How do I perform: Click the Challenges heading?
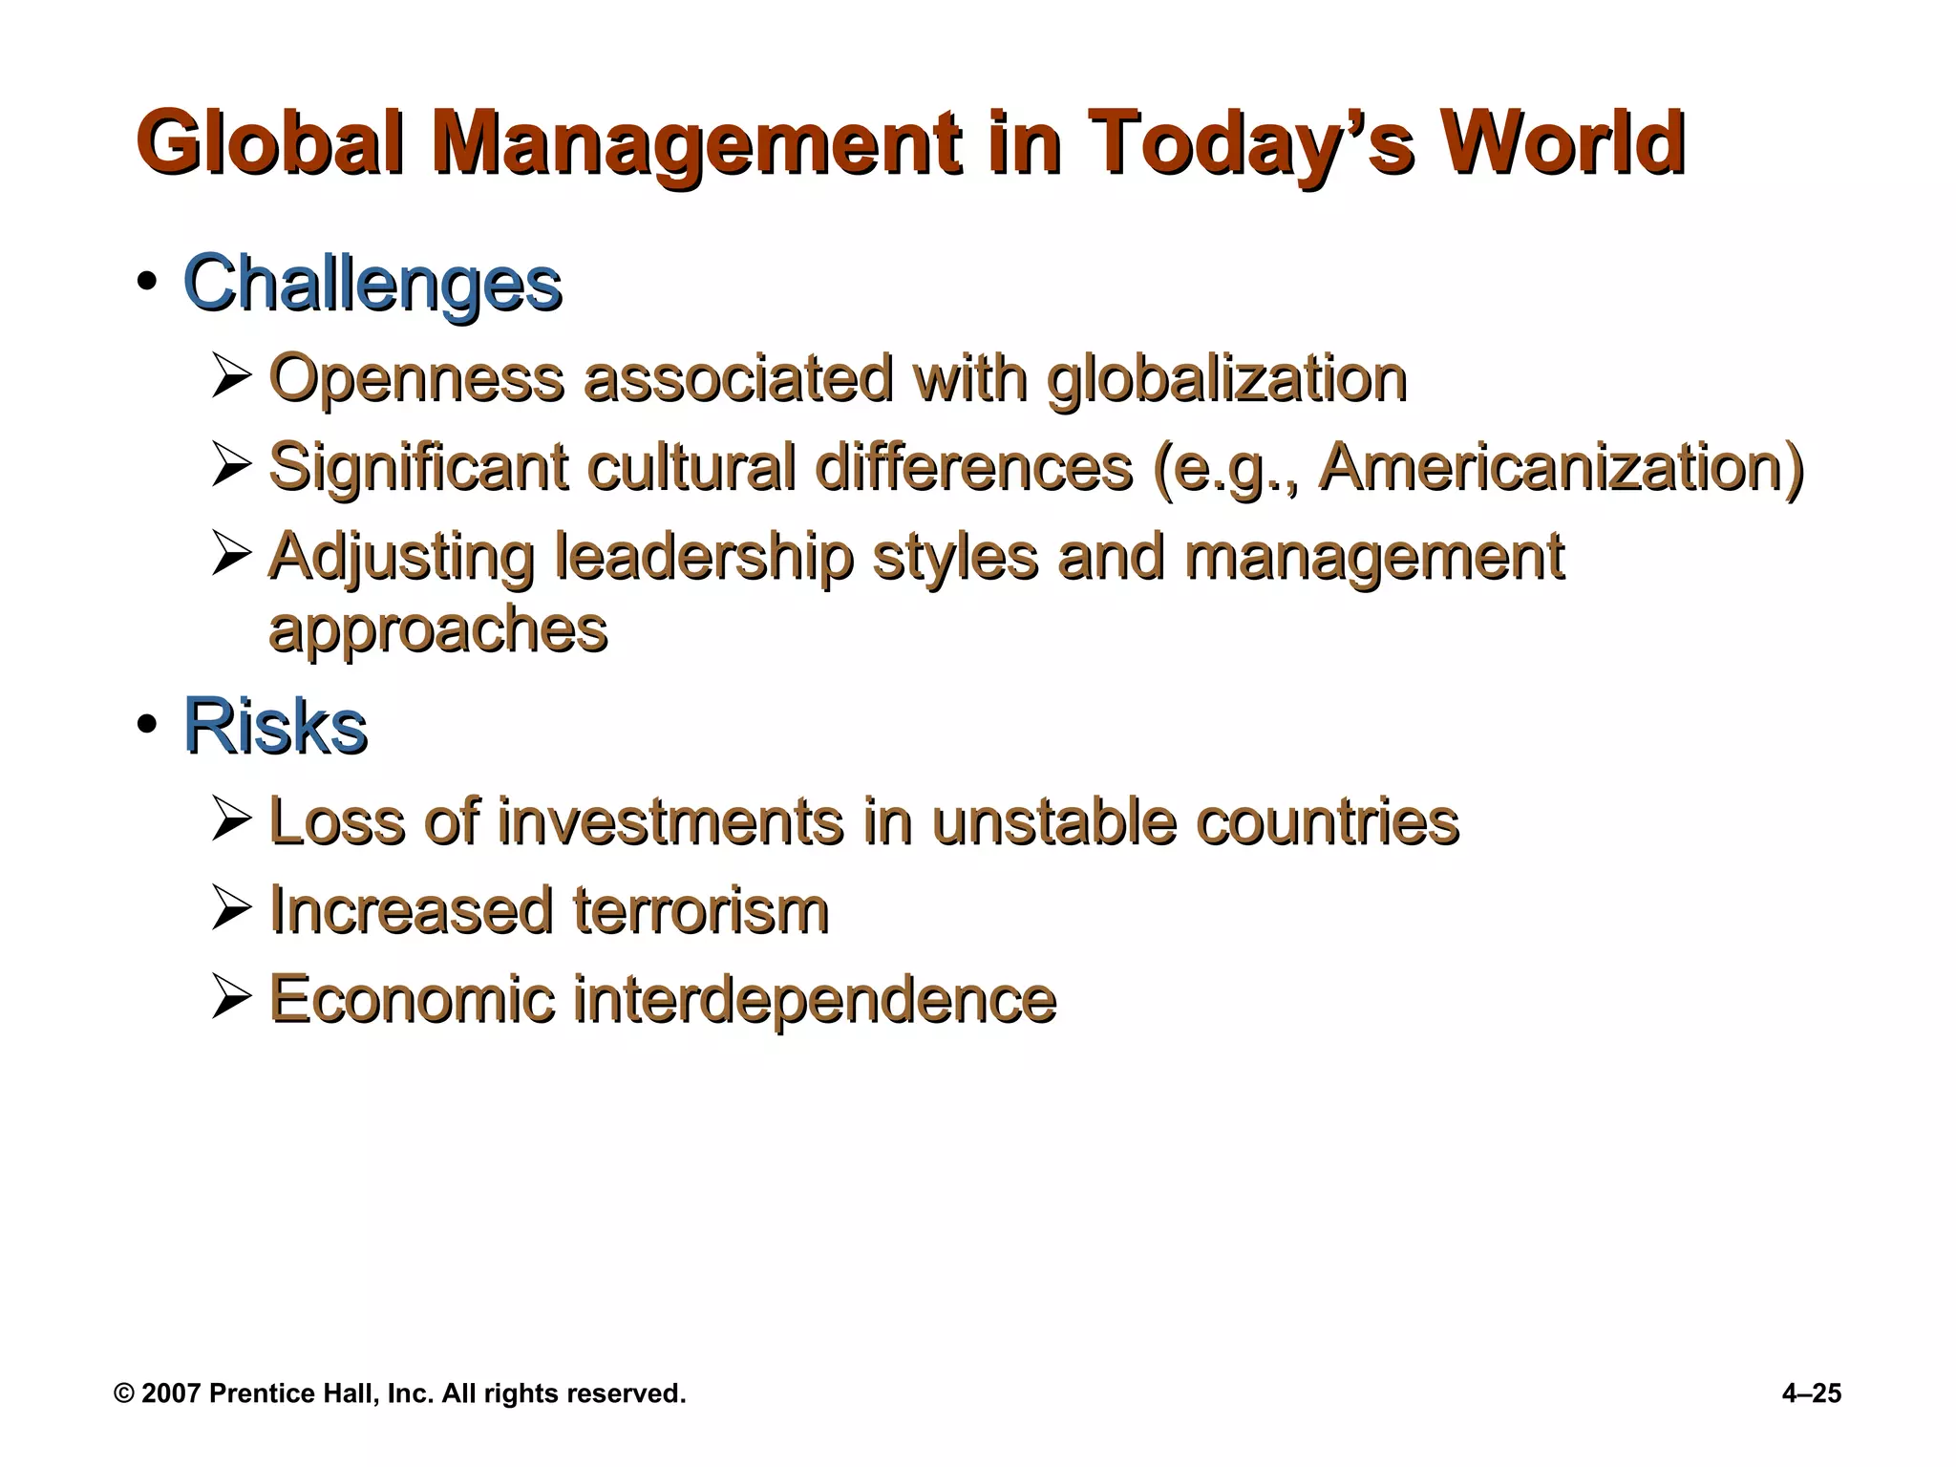[372, 284]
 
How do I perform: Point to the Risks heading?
[275, 727]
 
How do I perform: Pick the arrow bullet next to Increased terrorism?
[231, 908]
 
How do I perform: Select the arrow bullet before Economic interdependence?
[231, 997]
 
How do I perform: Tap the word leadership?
[704, 557]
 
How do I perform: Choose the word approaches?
[438, 629]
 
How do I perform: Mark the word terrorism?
[700, 909]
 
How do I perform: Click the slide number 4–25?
[1811, 1394]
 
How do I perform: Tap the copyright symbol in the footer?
[124, 1394]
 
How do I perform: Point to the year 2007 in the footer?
[172, 1394]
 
